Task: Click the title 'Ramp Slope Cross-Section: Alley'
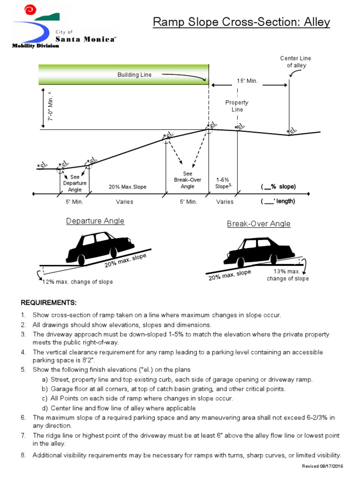(241, 22)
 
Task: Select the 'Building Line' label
(134, 75)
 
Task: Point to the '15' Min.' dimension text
(247, 81)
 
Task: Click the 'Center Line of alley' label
(295, 62)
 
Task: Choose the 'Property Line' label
(237, 106)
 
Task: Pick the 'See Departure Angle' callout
(75, 183)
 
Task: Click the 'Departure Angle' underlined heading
(95, 221)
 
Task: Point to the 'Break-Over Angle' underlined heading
(258, 224)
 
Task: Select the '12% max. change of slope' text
(77, 282)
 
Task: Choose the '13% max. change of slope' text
(288, 275)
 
